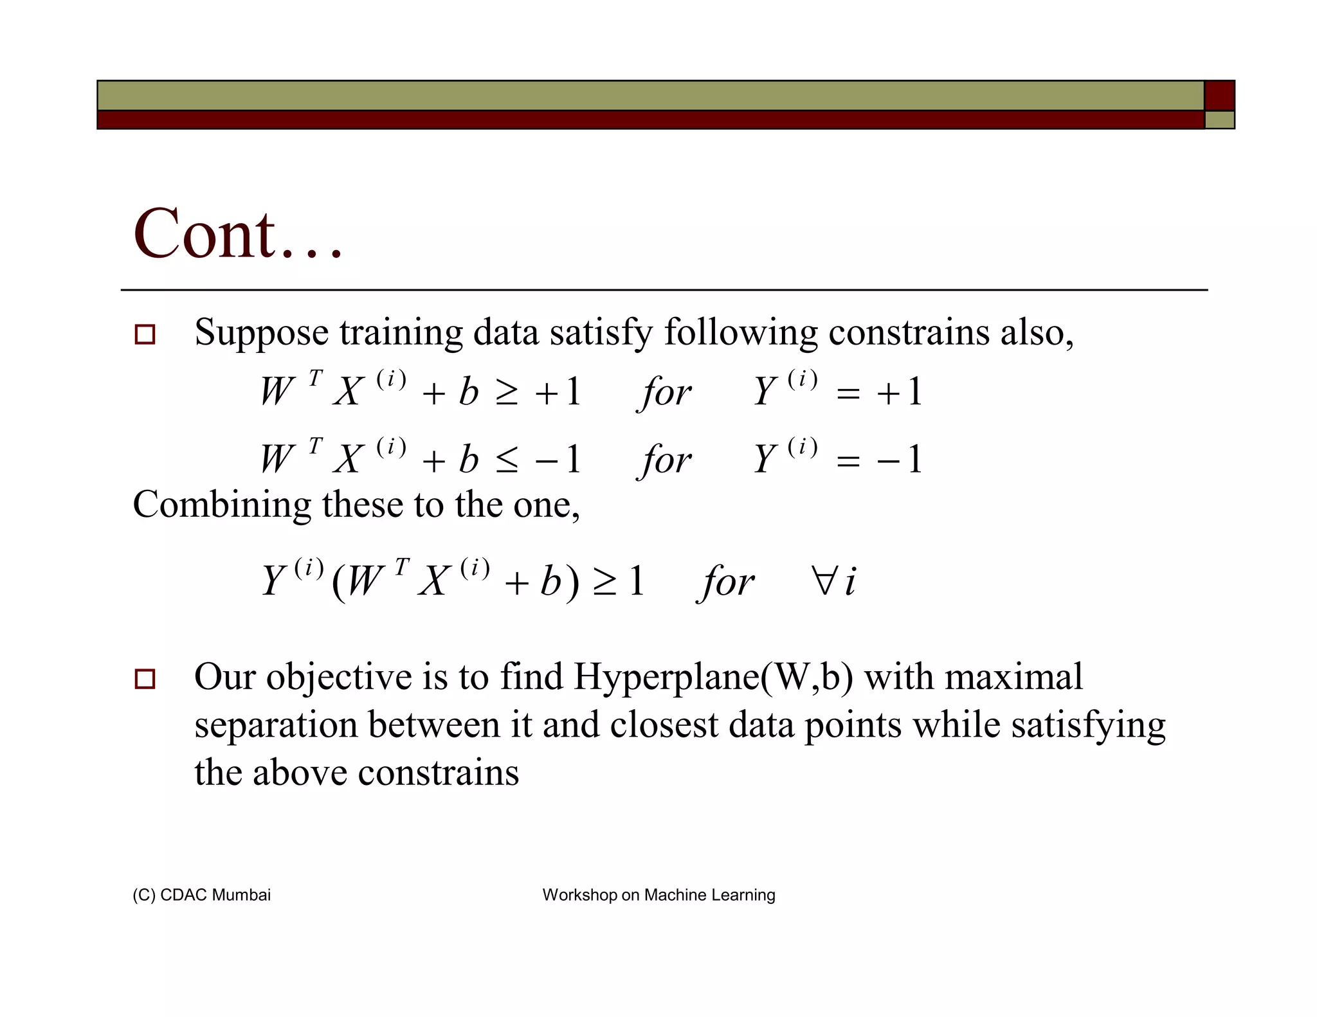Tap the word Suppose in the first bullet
pyautogui.click(x=262, y=334)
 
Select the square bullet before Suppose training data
pyautogui.click(x=145, y=335)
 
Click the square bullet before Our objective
pyautogui.click(x=145, y=679)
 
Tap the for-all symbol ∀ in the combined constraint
pyautogui.click(x=824, y=581)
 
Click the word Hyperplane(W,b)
pyautogui.click(x=713, y=678)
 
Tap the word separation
pyautogui.click(x=276, y=725)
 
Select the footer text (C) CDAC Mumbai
pyautogui.click(x=201, y=895)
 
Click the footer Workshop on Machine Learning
pyautogui.click(x=658, y=895)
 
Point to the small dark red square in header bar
pyautogui.click(x=1219, y=96)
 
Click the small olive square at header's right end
pyautogui.click(x=1219, y=120)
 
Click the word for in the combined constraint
pyautogui.click(x=726, y=582)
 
